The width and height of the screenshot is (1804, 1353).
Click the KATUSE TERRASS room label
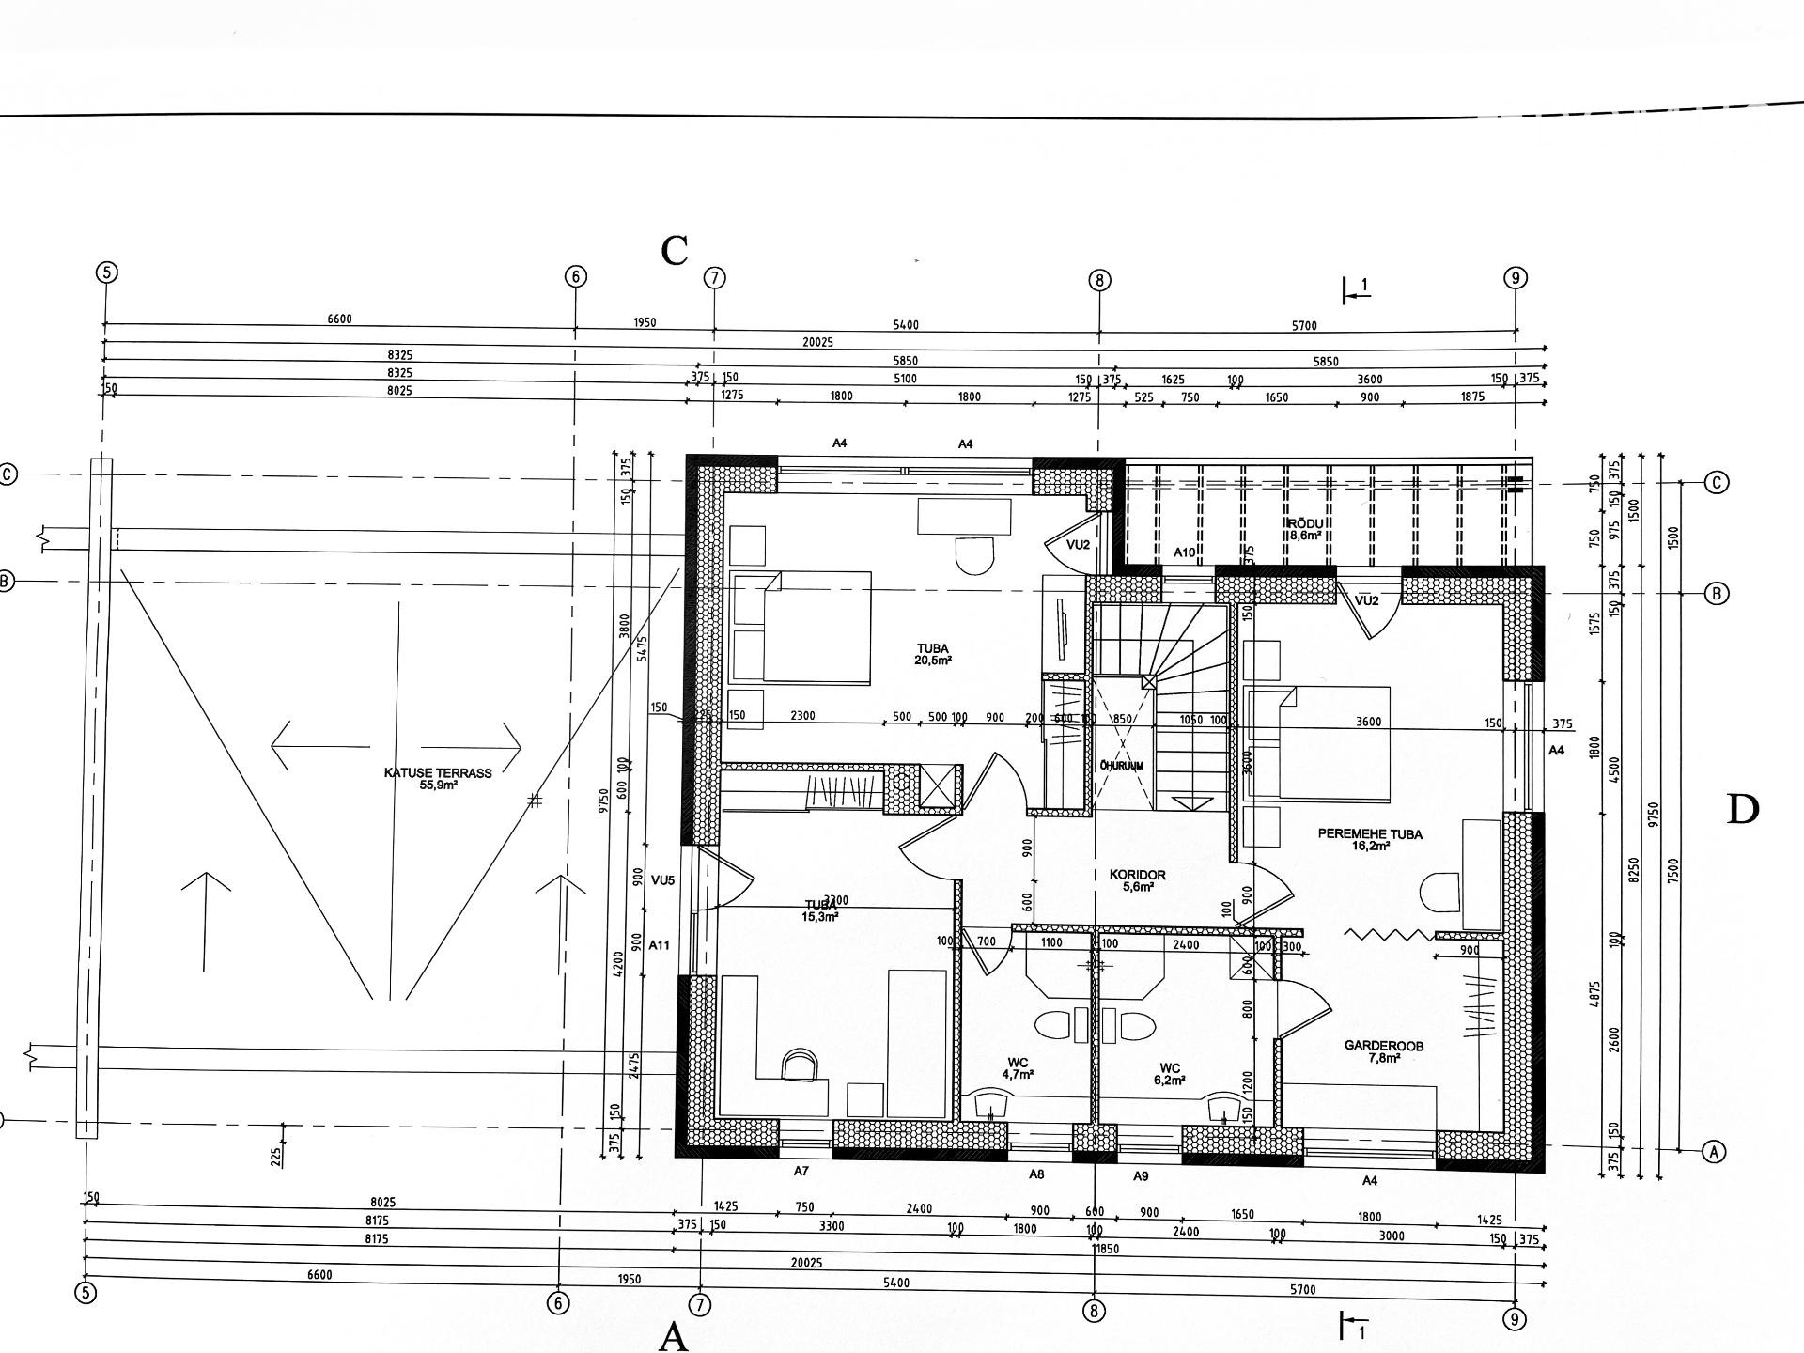[x=438, y=778]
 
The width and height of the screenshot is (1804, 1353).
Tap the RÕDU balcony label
[x=1306, y=529]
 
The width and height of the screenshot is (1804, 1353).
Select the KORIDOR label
[x=1137, y=879]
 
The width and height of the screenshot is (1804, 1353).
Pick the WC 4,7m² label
[x=1018, y=1068]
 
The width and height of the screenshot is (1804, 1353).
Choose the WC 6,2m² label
[x=1170, y=1073]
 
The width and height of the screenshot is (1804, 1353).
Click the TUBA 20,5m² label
[x=933, y=654]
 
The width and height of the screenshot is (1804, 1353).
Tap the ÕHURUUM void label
[x=1121, y=766]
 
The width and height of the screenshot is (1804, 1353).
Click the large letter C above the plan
[x=675, y=251]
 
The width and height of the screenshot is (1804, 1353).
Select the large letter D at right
[x=1742, y=810]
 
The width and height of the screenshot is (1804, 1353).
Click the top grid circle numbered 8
[x=1099, y=280]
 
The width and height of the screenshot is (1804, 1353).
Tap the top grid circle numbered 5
[x=106, y=272]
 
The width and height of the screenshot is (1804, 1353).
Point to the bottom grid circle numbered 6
[x=558, y=1303]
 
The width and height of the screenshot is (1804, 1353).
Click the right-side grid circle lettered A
[x=1714, y=1151]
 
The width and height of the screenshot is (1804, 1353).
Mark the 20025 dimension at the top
[x=817, y=343]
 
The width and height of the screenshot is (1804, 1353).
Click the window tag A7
[x=801, y=1172]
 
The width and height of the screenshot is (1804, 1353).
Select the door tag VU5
[x=662, y=880]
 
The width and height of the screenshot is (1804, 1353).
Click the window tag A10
[x=1184, y=553]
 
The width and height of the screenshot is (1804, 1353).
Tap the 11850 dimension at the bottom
[x=1097, y=1250]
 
